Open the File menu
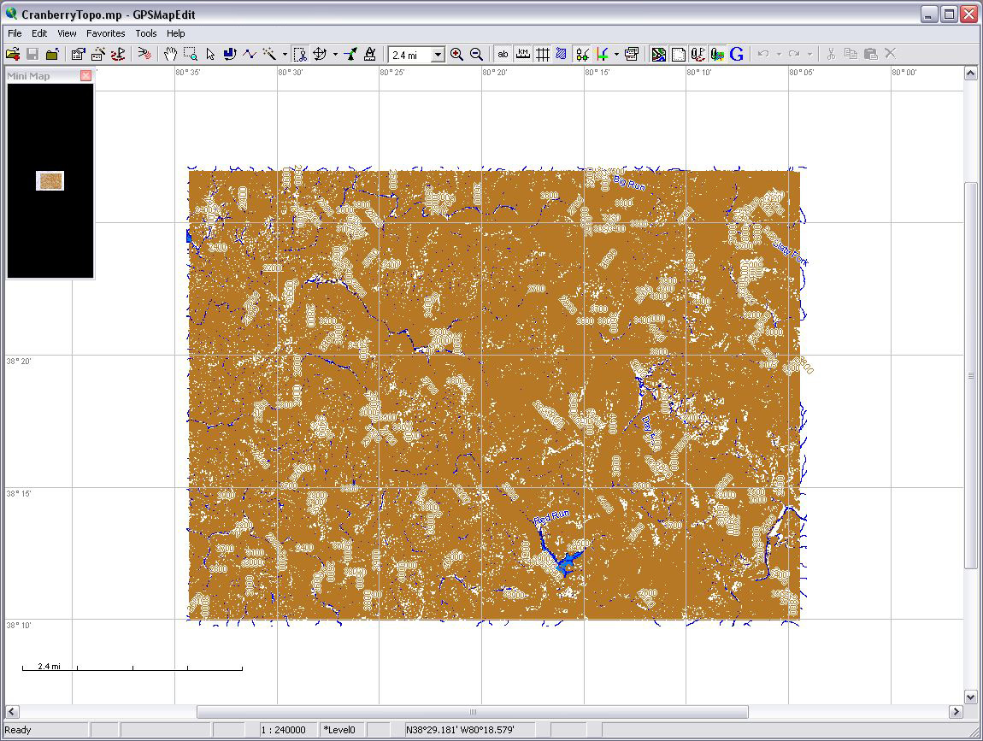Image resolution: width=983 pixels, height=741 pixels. (15, 33)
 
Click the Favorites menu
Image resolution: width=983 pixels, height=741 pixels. (105, 33)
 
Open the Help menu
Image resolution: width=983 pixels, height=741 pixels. (175, 33)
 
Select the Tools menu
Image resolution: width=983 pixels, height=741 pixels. (146, 33)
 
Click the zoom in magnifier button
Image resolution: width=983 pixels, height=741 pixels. (456, 54)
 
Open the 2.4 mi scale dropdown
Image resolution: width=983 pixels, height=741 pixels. (438, 55)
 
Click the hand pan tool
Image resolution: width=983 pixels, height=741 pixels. (170, 54)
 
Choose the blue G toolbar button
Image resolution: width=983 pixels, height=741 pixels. (737, 54)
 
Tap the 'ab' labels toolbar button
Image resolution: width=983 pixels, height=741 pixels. (503, 54)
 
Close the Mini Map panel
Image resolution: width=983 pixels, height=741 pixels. (85, 76)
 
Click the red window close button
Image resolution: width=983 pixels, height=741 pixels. (968, 15)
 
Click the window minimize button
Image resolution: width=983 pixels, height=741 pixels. (929, 15)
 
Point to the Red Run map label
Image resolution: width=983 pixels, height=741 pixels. (551, 517)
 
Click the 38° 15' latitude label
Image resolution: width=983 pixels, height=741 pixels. (20, 493)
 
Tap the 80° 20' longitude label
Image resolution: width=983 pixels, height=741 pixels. (495, 73)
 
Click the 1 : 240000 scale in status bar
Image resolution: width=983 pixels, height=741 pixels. (285, 730)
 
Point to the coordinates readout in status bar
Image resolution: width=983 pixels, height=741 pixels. (460, 730)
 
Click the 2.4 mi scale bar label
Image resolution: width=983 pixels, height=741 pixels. (49, 666)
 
